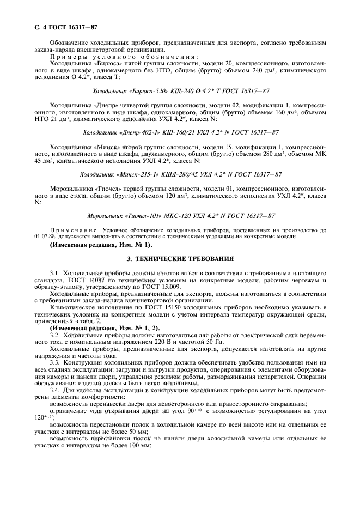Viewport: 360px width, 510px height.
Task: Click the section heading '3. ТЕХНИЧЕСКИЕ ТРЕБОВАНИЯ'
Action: point(180,258)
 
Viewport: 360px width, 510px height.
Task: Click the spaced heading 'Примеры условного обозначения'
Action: point(124,56)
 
